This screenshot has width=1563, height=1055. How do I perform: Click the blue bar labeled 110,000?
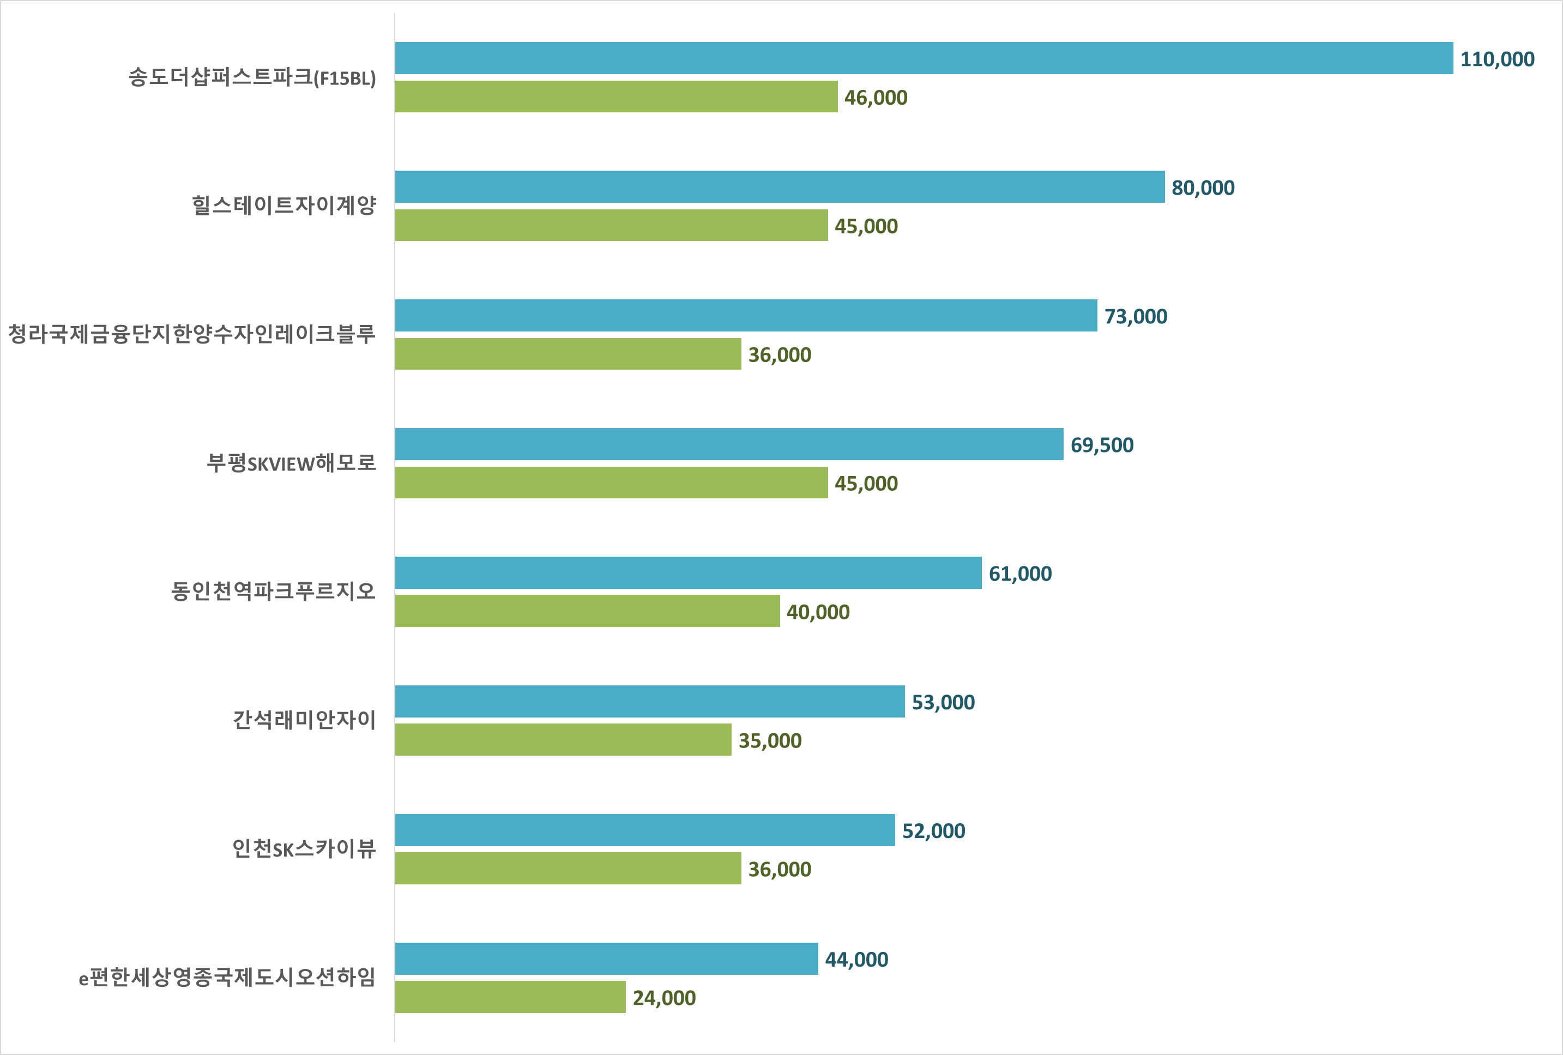(x=924, y=58)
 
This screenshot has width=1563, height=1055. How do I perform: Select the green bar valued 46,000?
(x=616, y=96)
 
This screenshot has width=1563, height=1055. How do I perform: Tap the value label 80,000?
(x=1203, y=188)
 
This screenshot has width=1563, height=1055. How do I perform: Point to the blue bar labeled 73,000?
(x=746, y=315)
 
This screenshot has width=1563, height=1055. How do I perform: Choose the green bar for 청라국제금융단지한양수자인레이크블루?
(x=568, y=354)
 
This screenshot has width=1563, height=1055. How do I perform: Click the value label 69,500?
(x=1102, y=445)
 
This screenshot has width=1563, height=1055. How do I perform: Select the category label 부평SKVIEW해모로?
(x=291, y=462)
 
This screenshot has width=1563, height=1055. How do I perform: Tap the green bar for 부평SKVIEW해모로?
(x=611, y=482)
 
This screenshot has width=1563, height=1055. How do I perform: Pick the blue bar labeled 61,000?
(x=688, y=573)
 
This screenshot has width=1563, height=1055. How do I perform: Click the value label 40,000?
(x=818, y=612)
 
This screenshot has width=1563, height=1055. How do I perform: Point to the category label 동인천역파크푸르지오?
(x=273, y=591)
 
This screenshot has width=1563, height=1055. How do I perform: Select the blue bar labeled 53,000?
(x=650, y=701)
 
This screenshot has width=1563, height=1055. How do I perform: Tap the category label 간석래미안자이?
(x=304, y=720)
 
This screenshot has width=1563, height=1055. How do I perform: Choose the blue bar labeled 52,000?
(x=645, y=830)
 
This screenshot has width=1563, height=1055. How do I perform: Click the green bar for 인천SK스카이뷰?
(x=568, y=868)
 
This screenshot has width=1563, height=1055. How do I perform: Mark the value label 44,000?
(x=856, y=960)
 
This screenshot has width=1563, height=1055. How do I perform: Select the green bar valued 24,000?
(x=510, y=997)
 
